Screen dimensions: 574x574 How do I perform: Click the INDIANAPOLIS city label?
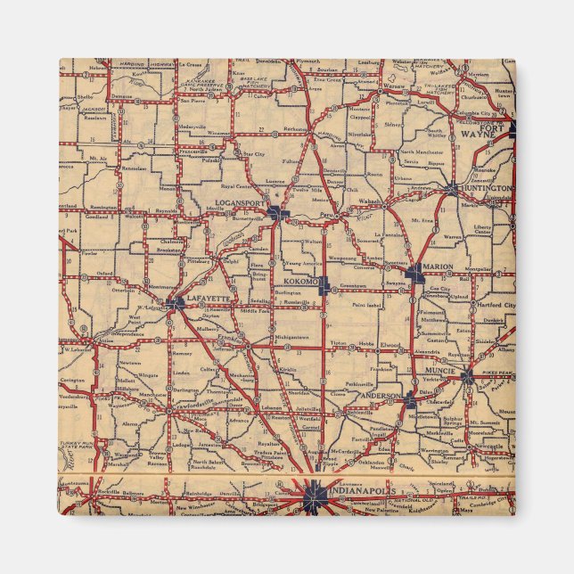[364, 489]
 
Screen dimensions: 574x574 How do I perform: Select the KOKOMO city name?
[300, 282]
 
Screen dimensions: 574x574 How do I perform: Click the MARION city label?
[439, 267]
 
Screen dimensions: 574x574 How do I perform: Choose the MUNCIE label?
[439, 370]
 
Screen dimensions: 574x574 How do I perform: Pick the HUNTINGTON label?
[488, 189]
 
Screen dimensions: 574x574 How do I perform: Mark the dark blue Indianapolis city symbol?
[314, 496]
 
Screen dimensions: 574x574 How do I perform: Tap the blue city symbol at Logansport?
[280, 213]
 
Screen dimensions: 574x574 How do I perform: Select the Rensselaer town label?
[135, 167]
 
